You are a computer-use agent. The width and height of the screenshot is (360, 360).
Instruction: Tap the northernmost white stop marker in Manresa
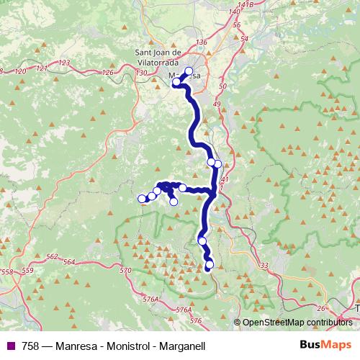pos(189,71)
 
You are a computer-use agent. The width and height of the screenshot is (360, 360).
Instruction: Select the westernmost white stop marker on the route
pos(142,199)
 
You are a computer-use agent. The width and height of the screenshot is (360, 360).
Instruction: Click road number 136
pos(201,43)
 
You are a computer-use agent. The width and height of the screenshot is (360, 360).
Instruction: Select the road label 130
pos(141,73)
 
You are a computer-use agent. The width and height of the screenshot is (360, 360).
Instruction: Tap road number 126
pos(109,73)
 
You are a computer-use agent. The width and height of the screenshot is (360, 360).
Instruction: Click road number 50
pos(222,86)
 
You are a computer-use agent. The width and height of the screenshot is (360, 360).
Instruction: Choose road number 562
pos(51,257)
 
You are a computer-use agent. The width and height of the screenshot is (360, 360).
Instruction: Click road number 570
pos(126,270)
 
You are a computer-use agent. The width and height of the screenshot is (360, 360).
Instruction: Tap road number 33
pos(264,266)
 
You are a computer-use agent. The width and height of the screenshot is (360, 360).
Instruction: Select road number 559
pos(27,270)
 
